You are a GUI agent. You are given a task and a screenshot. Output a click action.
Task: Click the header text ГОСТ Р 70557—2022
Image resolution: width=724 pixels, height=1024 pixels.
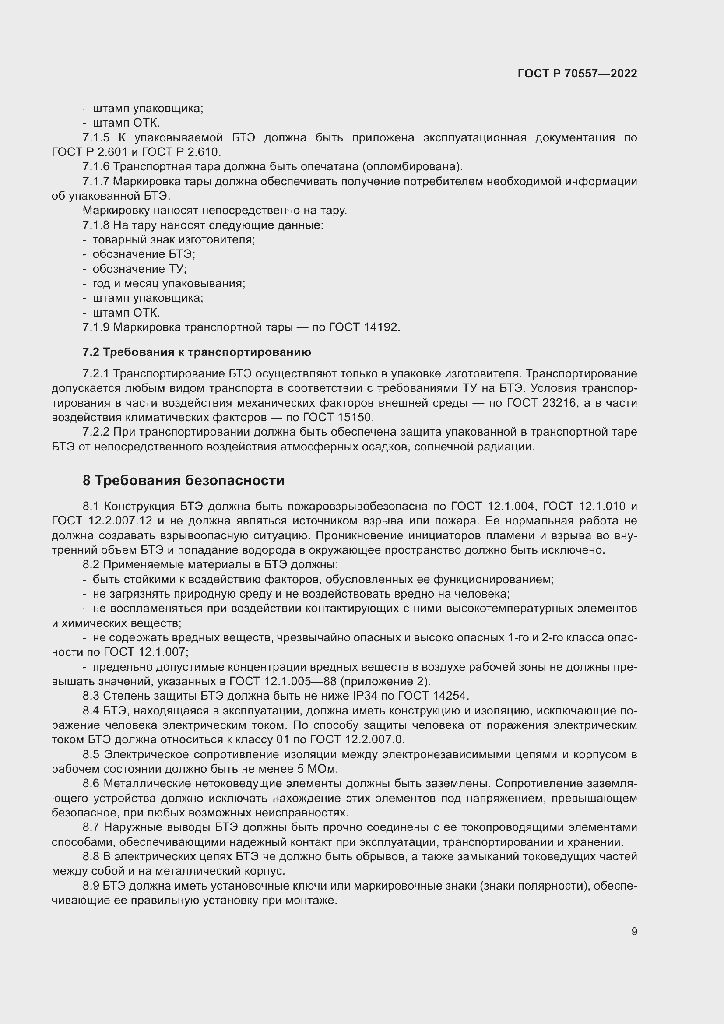point(577,74)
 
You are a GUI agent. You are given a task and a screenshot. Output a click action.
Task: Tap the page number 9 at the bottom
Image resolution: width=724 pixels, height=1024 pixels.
point(634,931)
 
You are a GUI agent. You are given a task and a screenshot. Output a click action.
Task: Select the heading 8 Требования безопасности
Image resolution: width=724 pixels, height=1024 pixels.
point(183,480)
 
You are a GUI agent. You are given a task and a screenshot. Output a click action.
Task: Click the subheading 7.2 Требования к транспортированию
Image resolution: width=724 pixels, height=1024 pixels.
point(197,352)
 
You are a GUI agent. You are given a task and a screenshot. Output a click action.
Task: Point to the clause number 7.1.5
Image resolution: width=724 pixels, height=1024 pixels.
point(96,138)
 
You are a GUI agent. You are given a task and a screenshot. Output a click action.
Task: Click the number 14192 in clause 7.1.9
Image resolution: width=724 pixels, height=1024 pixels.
point(381,327)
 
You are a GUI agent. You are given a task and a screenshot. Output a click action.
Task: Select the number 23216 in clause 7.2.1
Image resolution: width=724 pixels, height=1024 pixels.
point(561,403)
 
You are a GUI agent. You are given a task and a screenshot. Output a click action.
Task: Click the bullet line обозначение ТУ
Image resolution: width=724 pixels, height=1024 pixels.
point(139,269)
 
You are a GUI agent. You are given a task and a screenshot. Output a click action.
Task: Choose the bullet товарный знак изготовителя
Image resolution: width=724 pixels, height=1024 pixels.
point(173,240)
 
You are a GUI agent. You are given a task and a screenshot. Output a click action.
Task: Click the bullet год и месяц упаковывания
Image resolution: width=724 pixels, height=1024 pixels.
point(169,284)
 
